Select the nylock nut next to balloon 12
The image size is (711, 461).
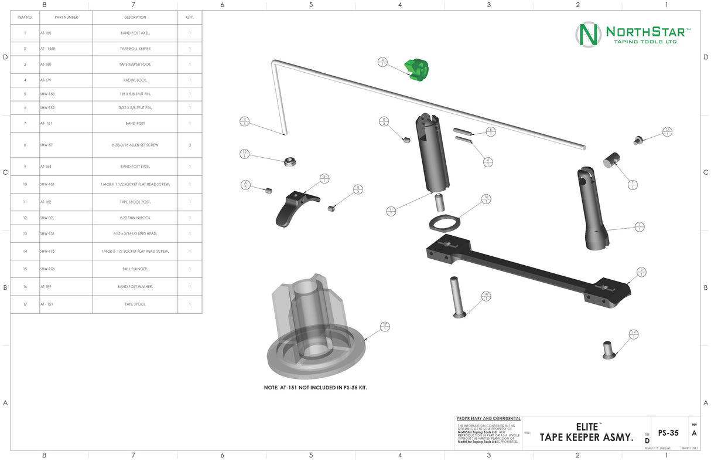[289, 162]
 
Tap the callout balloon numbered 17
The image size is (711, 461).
[385, 327]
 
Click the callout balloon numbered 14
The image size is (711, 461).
[633, 334]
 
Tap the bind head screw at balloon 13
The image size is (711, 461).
[638, 140]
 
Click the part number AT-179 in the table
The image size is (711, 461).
[46, 80]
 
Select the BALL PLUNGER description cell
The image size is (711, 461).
[135, 269]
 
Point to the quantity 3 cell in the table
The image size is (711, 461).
[190, 145]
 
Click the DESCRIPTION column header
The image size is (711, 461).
[135, 18]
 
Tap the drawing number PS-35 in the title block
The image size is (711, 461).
[668, 433]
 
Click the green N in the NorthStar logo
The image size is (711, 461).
[588, 35]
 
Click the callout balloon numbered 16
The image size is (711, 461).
[486, 199]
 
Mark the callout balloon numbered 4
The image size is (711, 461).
[382, 62]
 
